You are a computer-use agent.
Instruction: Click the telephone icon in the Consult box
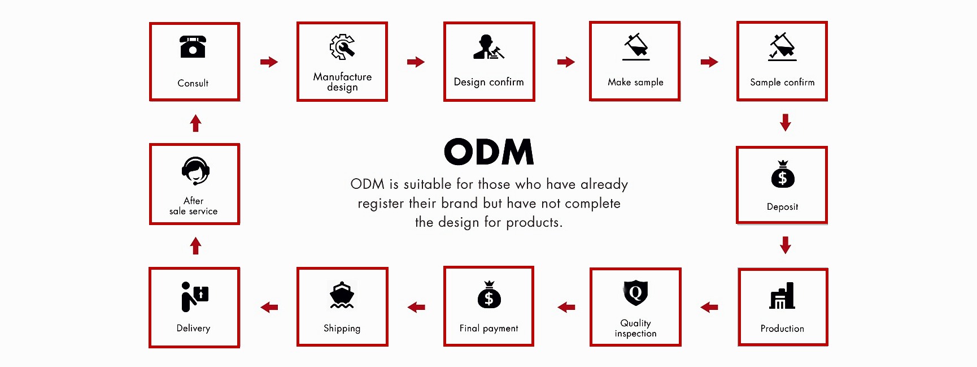pyautogui.click(x=193, y=47)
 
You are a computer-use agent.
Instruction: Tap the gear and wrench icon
pyautogui.click(x=342, y=47)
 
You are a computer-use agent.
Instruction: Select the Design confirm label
pyautogui.click(x=488, y=82)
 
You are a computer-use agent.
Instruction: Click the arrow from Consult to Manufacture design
pyautogui.click(x=269, y=62)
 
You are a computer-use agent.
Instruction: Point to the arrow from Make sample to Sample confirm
pyautogui.click(x=709, y=62)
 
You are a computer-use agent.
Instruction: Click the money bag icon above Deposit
pyautogui.click(x=782, y=175)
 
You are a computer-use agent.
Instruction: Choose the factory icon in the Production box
pyautogui.click(x=782, y=296)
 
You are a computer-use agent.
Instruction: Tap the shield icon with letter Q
pyautogui.click(x=635, y=293)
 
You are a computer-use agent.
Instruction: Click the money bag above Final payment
pyautogui.click(x=489, y=295)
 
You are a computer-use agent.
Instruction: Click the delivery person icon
pyautogui.click(x=194, y=296)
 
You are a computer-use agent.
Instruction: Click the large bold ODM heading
pyautogui.click(x=488, y=152)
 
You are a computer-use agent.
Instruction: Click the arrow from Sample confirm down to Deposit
pyautogui.click(x=785, y=122)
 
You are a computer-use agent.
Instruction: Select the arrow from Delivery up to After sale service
pyautogui.click(x=195, y=246)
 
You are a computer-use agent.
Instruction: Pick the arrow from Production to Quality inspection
pyautogui.click(x=709, y=307)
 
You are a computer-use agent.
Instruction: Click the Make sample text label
pyautogui.click(x=635, y=82)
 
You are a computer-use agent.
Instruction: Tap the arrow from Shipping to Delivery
pyautogui.click(x=269, y=307)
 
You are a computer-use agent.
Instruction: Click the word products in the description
pyautogui.click(x=534, y=222)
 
